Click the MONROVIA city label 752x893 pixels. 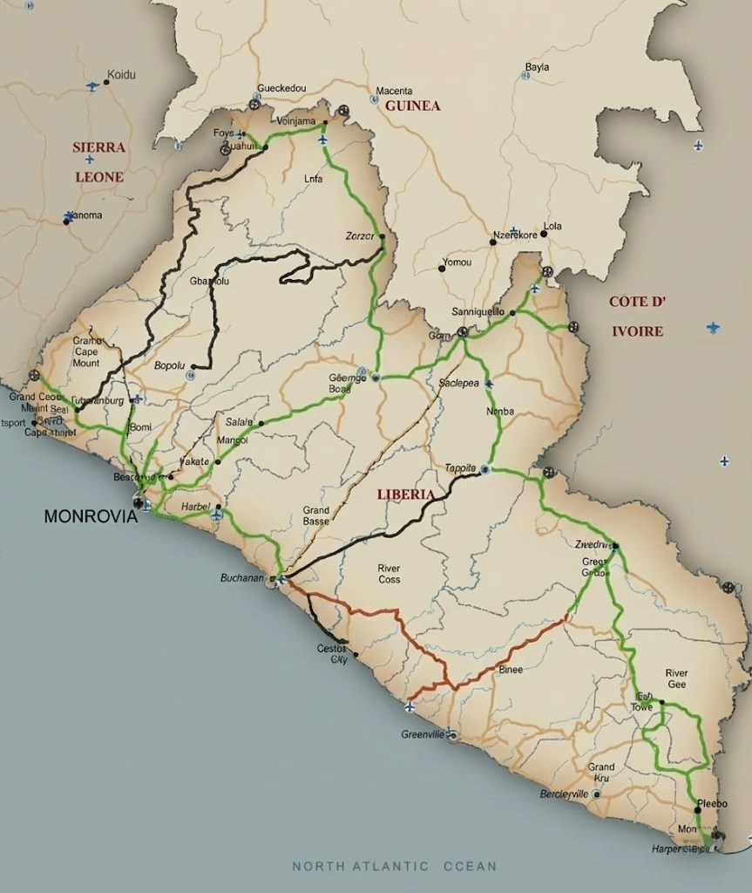91,516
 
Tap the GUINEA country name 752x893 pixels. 412,106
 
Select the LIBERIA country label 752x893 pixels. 405,494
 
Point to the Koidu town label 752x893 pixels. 121,75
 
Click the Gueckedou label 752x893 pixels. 281,89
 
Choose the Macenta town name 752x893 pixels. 394,91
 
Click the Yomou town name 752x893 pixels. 457,262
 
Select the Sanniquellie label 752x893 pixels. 478,311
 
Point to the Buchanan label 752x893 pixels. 241,578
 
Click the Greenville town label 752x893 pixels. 423,734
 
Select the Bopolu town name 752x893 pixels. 170,365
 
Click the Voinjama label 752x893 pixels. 295,121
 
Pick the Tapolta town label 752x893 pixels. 459,467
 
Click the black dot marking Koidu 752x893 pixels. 106,82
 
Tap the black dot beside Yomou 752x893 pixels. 442,269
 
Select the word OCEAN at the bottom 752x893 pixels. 470,866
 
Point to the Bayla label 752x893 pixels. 538,67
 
